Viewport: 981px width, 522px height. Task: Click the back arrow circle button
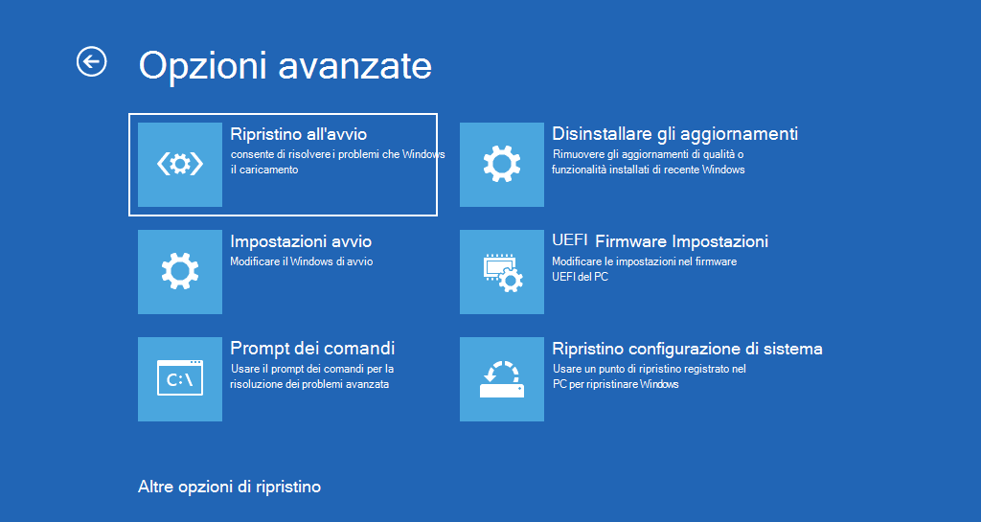coord(91,62)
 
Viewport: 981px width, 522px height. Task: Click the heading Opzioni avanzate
coord(285,65)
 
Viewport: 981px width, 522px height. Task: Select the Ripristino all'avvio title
coord(298,134)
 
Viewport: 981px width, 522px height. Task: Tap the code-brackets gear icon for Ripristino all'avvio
coord(180,165)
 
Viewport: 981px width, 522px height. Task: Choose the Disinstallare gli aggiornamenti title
coord(674,134)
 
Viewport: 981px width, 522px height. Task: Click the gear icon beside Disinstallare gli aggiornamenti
coord(501,165)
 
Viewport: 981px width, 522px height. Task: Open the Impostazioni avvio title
coord(301,241)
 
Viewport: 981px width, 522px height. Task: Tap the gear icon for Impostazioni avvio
coord(180,272)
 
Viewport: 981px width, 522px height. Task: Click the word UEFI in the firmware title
coord(569,240)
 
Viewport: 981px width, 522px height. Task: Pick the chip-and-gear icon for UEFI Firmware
coord(501,272)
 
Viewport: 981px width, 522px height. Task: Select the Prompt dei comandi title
coord(312,349)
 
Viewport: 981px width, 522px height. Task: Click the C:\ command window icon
coord(180,379)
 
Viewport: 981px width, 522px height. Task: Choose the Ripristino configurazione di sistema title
coord(687,349)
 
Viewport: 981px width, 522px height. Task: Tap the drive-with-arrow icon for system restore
coord(501,379)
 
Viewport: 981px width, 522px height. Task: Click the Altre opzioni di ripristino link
coord(229,487)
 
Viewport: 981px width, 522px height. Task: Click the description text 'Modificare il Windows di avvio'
coord(301,261)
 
